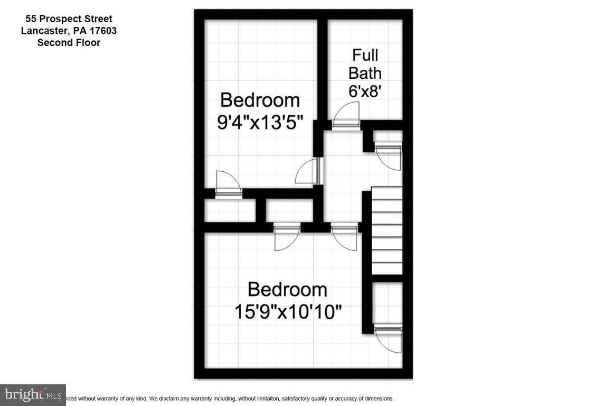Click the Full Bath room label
[365, 63]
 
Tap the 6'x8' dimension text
[365, 91]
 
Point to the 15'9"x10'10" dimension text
[288, 311]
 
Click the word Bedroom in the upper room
[260, 99]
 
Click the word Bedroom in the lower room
[288, 289]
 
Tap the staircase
[386, 230]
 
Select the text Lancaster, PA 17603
[69, 31]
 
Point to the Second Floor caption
[69, 42]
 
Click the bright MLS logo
[33, 394]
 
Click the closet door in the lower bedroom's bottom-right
[389, 338]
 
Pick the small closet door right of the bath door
[389, 156]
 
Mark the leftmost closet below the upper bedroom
[230, 210]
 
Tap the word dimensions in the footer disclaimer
[376, 399]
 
